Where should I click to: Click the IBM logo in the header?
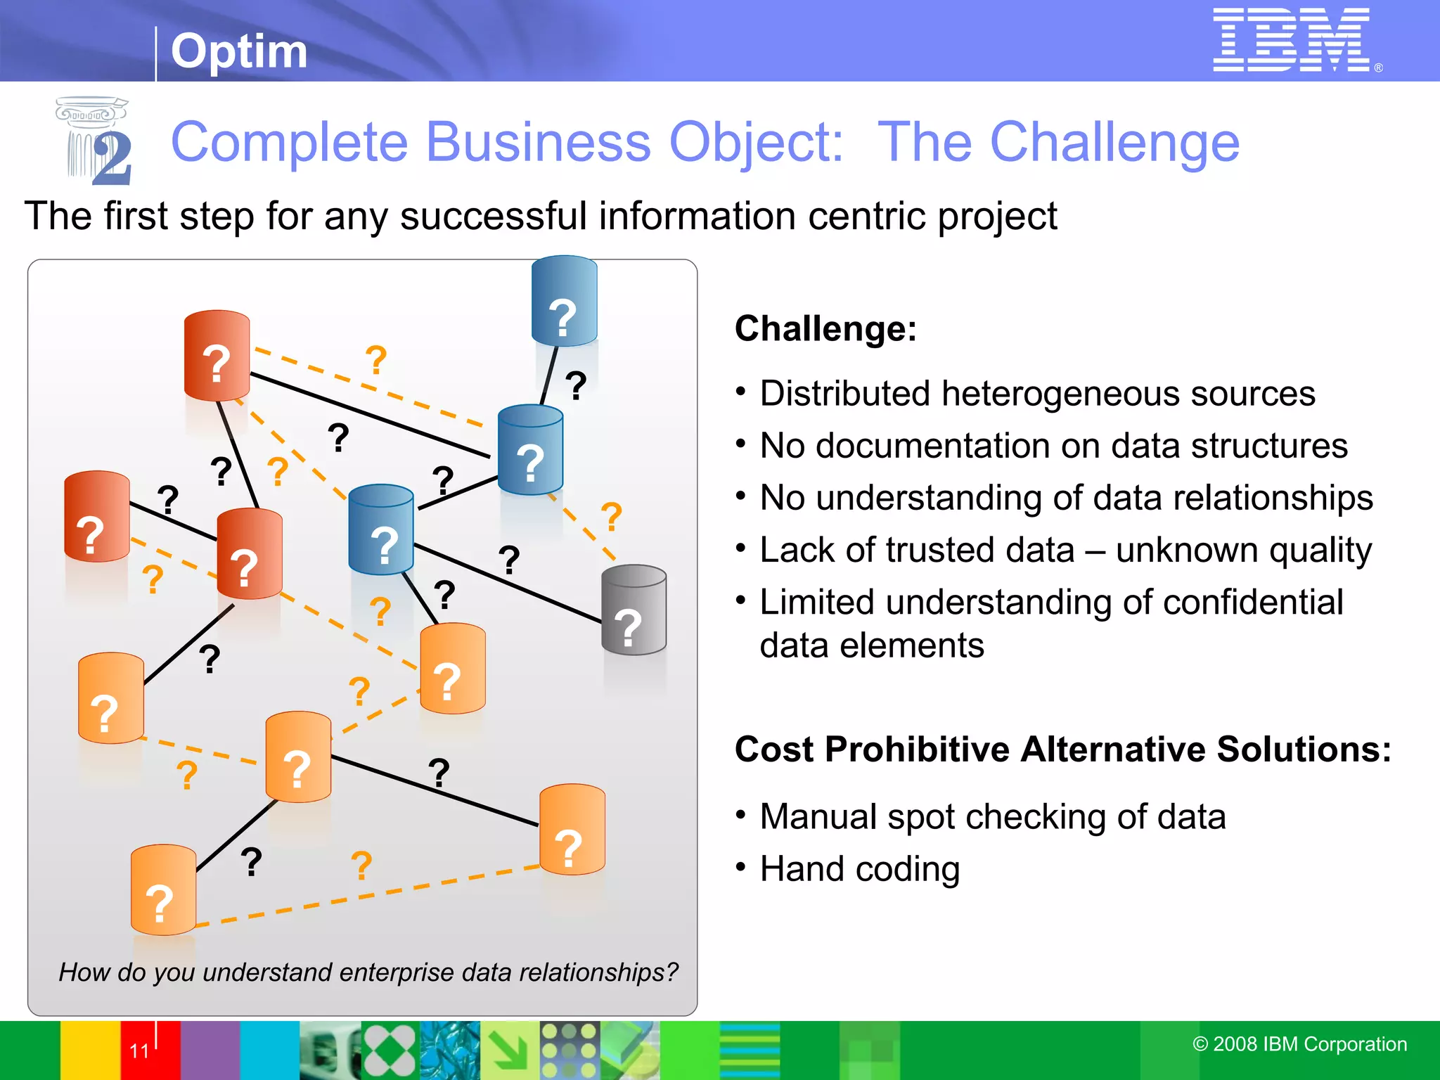pyautogui.click(x=1292, y=40)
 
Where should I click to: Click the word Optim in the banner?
pyautogui.click(x=239, y=51)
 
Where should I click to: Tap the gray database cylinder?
pyautogui.click(x=634, y=610)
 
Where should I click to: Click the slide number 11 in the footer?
pyautogui.click(x=139, y=1050)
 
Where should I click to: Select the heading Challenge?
pyautogui.click(x=825, y=329)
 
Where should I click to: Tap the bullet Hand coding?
pyautogui.click(x=859, y=869)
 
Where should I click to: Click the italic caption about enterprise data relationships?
pyautogui.click(x=368, y=972)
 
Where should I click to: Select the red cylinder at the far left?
pyautogui.click(x=96, y=517)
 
